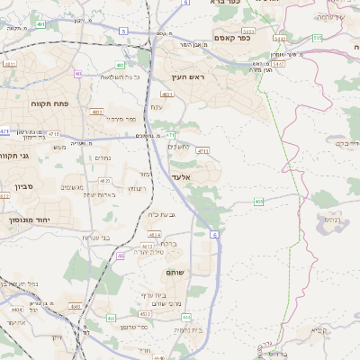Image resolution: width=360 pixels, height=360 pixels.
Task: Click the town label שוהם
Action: point(175,271)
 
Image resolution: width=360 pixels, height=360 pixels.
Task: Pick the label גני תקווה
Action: point(15,156)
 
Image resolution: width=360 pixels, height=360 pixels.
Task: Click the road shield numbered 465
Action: point(258,202)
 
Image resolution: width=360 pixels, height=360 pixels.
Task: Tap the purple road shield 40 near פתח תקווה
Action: point(78,74)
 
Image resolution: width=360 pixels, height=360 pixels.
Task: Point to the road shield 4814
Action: point(142,234)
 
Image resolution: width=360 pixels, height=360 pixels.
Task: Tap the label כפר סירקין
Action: point(121,119)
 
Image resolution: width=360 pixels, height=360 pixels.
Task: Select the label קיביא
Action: point(319,329)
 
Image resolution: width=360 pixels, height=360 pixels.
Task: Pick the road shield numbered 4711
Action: point(202,151)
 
